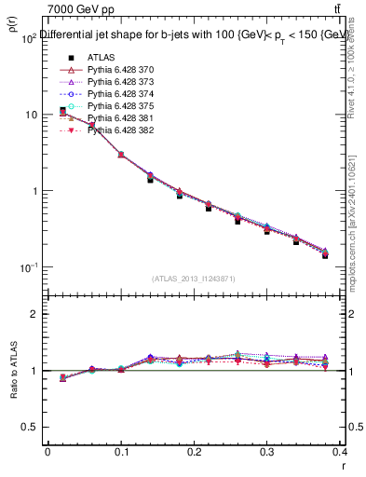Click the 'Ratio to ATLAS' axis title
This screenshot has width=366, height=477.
[x=12, y=370]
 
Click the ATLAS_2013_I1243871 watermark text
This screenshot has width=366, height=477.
[x=194, y=279]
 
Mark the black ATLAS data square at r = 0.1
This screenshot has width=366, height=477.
[x=121, y=154]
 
